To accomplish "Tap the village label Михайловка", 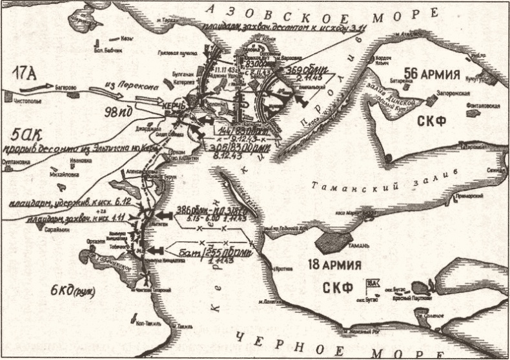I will click(x=66, y=175).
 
